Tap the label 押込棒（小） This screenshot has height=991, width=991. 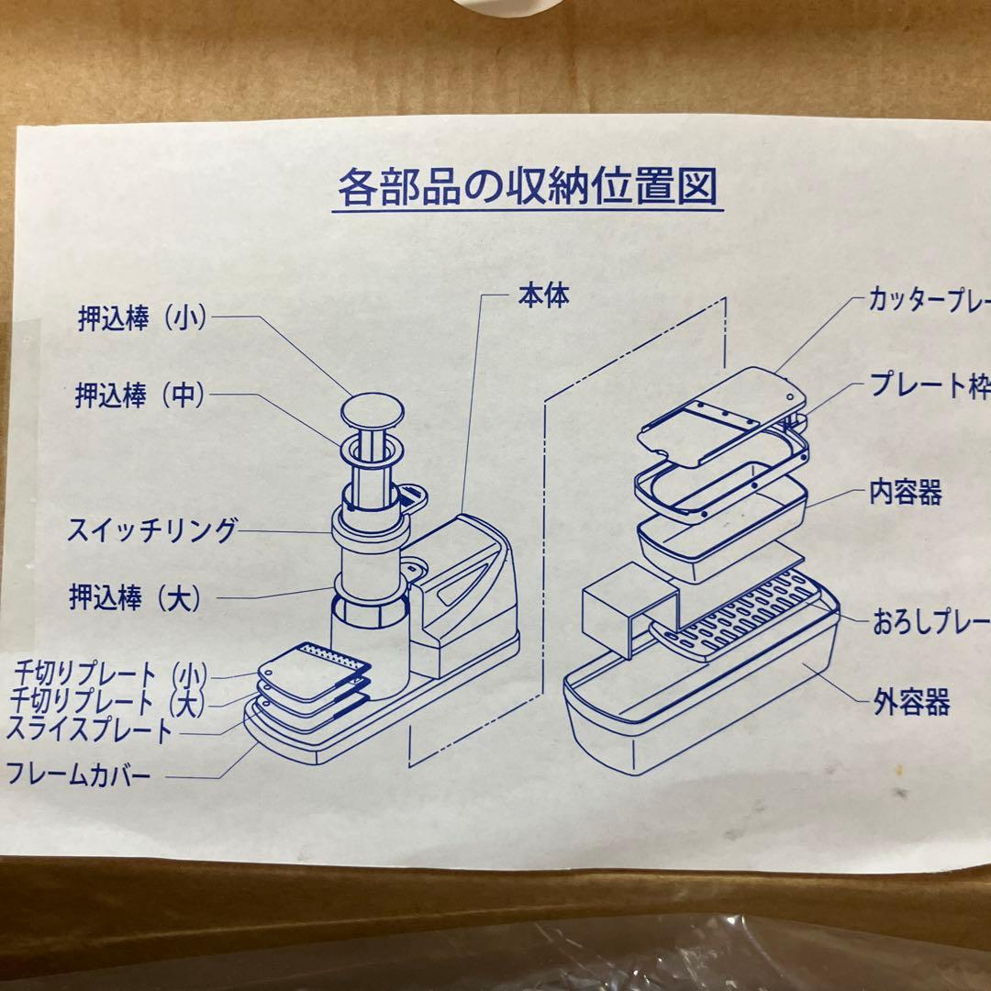(141, 318)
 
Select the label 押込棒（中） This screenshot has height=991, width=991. (139, 396)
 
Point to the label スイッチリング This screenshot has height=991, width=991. (150, 530)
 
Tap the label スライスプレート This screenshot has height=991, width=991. (89, 730)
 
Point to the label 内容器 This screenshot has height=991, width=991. (905, 493)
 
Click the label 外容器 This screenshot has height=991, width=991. (911, 705)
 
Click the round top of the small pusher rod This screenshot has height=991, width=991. (373, 413)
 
